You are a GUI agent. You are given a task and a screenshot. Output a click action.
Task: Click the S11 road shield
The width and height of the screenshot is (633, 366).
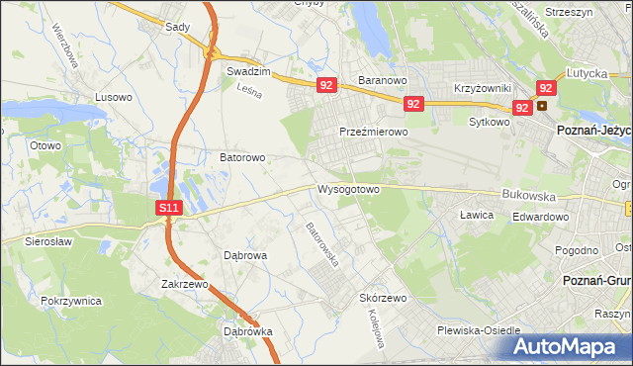[x=169, y=209]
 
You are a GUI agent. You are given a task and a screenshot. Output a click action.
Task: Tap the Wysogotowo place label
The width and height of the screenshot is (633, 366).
[x=348, y=188]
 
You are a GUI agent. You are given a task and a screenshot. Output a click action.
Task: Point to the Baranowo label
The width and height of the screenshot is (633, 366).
[x=383, y=81]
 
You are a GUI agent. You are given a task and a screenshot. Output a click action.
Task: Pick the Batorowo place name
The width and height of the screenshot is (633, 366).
[x=242, y=157]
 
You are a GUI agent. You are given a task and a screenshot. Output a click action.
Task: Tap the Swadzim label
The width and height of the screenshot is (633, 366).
[x=248, y=72]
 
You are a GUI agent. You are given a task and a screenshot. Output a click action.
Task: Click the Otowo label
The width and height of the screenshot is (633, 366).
[x=45, y=145]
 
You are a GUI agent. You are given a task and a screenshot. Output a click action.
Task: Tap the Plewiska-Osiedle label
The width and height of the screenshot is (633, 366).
[x=479, y=331]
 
